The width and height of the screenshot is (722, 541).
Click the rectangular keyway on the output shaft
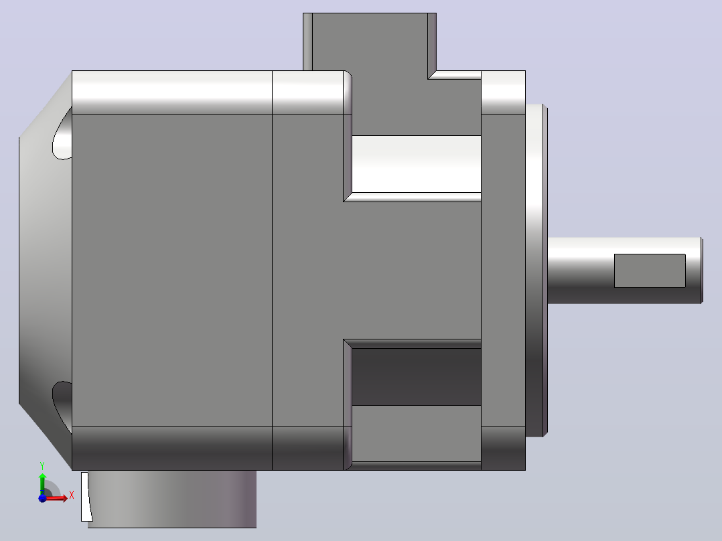(x=650, y=270)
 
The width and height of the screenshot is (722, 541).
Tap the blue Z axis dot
(x=42, y=498)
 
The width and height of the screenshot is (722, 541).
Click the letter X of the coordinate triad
(x=72, y=495)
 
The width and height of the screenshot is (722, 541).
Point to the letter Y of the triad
(x=42, y=465)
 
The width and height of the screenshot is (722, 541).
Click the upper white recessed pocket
(x=417, y=164)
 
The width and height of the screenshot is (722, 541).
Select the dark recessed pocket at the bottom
(x=417, y=377)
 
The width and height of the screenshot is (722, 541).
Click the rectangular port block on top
(x=370, y=42)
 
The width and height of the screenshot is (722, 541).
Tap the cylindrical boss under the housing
(x=171, y=499)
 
